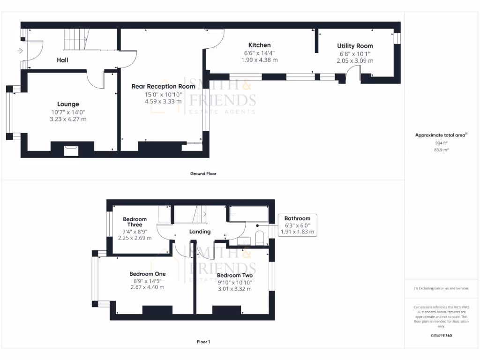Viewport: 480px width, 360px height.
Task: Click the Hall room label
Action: [62, 60]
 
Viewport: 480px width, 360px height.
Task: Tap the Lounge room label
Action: [68, 104]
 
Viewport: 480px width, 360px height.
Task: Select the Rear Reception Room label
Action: [163, 86]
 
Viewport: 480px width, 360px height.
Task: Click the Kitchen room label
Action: [259, 45]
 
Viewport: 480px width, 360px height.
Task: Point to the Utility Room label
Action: [355, 46]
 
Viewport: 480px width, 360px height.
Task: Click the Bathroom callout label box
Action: [298, 225]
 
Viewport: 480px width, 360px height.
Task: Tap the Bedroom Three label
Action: [135, 222]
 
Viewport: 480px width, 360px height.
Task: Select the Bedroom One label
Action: [147, 274]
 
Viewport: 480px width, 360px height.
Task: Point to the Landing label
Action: [200, 232]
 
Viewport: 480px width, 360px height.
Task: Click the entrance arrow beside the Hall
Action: [20, 51]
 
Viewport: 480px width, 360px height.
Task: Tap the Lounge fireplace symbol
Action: [72, 150]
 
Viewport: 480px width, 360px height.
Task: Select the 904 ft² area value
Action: [441, 143]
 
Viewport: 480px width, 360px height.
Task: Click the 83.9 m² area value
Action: [441, 150]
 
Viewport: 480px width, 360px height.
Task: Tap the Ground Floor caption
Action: [203, 173]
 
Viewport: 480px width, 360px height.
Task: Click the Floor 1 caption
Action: [203, 342]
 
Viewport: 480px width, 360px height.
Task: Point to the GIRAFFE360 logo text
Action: [441, 336]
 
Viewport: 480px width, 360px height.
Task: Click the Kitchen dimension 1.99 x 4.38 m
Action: [259, 60]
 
